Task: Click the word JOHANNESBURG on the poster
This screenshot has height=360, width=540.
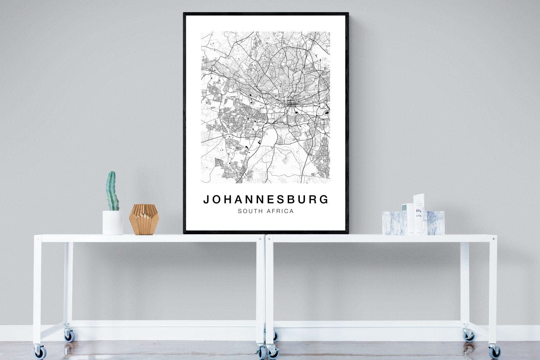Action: pyautogui.click(x=266, y=200)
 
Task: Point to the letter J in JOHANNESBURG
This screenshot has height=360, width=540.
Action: pyautogui.click(x=206, y=200)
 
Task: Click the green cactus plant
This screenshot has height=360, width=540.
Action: pyautogui.click(x=112, y=191)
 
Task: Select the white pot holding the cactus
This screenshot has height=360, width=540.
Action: pyautogui.click(x=113, y=223)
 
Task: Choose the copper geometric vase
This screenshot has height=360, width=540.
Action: pyautogui.click(x=144, y=219)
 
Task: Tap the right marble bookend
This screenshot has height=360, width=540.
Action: pyautogui.click(x=435, y=223)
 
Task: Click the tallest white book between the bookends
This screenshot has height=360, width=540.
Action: pyautogui.click(x=419, y=214)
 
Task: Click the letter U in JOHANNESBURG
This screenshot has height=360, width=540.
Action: pyautogui.click(x=304, y=200)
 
